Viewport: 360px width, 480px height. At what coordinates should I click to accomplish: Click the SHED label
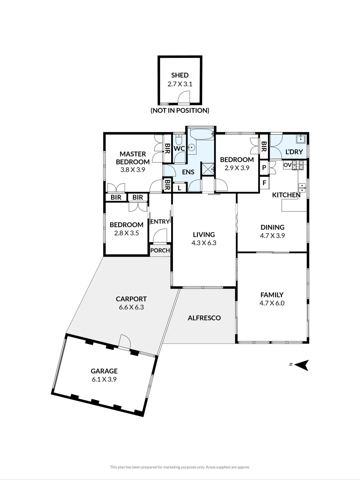(180, 75)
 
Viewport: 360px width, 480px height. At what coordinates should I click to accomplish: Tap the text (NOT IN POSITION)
(180, 110)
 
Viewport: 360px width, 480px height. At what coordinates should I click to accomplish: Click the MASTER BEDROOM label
(133, 158)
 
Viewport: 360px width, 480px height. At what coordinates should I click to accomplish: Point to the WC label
(179, 148)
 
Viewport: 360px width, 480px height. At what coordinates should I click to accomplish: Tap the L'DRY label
(294, 152)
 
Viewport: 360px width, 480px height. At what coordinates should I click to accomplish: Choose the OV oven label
(287, 165)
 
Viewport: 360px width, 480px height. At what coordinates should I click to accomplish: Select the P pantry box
(264, 168)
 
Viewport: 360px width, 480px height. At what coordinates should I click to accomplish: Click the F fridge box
(264, 183)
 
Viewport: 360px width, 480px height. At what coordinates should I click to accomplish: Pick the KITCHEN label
(286, 195)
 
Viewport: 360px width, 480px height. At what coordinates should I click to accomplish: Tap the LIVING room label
(204, 235)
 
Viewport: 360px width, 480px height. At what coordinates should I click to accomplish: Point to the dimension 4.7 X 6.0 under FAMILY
(272, 303)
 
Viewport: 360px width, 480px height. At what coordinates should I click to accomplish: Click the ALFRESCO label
(204, 318)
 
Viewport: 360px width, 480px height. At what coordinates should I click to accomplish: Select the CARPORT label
(131, 299)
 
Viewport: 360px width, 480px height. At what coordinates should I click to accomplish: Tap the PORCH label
(160, 250)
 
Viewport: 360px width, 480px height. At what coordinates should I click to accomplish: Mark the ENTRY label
(160, 222)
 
